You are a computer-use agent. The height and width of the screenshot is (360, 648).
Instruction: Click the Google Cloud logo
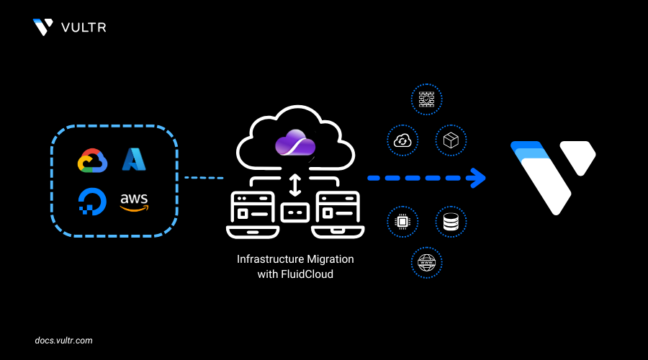[92, 161]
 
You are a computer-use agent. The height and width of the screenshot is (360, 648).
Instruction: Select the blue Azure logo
[134, 159]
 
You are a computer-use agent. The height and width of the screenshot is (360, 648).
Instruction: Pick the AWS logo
[134, 202]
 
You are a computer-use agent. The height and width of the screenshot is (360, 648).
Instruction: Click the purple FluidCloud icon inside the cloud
[295, 144]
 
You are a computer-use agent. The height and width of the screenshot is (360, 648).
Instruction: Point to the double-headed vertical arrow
[294, 184]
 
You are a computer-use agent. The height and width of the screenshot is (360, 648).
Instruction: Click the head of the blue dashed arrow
[477, 177]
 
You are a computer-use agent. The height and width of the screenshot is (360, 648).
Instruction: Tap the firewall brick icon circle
[426, 100]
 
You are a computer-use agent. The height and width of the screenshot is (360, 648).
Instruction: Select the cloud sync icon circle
[403, 140]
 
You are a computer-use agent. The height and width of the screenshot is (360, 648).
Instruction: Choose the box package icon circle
[451, 140]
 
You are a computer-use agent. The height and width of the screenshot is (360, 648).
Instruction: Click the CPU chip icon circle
[403, 222]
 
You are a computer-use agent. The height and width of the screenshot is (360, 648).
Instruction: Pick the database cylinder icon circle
[451, 222]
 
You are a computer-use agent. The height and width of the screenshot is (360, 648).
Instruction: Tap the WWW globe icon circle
[426, 262]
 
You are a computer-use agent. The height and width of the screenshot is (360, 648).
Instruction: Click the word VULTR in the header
[84, 27]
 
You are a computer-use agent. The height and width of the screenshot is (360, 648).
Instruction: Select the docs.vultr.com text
[63, 340]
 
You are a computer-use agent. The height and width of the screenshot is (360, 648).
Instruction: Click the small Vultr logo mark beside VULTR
[42, 27]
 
